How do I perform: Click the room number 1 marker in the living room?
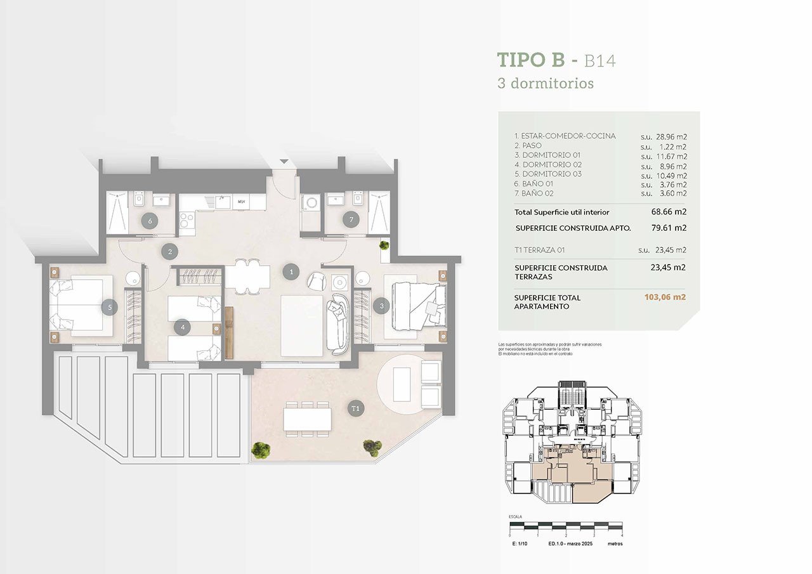(x=291, y=272)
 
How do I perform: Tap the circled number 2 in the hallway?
(x=169, y=252)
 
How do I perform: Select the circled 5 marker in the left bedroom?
(x=110, y=307)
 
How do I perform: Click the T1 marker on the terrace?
(x=355, y=408)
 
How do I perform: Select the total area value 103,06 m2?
(x=665, y=297)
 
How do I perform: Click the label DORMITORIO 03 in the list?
(x=547, y=174)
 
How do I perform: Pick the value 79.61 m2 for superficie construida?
(x=667, y=228)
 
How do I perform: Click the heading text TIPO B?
(x=530, y=60)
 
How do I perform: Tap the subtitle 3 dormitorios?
(x=546, y=83)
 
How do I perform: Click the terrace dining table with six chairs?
(x=308, y=419)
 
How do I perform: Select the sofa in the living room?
(x=337, y=323)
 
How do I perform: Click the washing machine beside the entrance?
(x=310, y=203)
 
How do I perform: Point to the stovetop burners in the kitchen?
(x=187, y=220)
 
